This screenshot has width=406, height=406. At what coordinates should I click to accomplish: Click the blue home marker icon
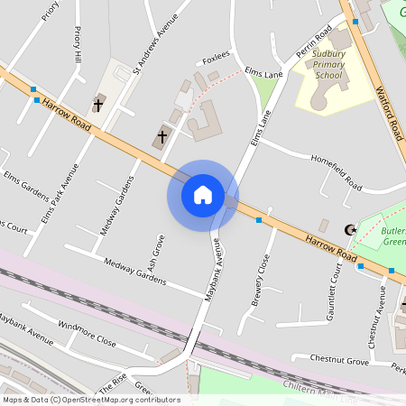[202, 194]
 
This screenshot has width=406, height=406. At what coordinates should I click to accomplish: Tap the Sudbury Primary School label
[329, 65]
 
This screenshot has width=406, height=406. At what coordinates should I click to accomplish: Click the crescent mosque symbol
[352, 230]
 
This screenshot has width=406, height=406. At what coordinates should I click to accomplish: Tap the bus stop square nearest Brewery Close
[259, 219]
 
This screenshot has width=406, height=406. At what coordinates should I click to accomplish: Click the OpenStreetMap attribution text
[91, 399]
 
